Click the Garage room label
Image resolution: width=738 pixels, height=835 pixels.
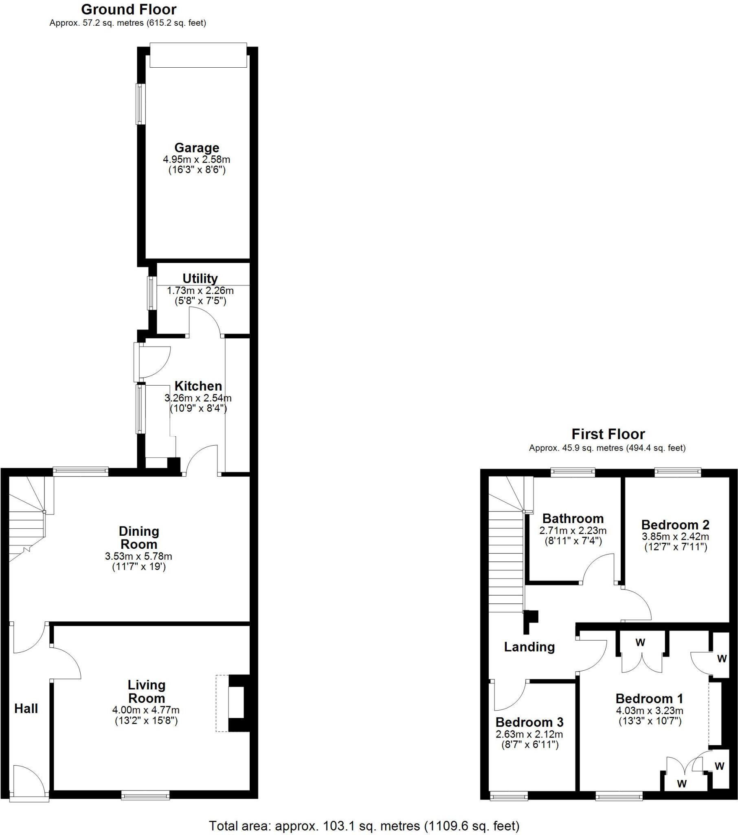tap(197, 148)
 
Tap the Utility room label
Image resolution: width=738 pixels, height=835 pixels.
tap(200, 278)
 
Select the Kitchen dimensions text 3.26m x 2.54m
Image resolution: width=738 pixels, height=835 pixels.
tap(198, 398)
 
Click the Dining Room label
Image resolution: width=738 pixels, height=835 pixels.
tap(139, 538)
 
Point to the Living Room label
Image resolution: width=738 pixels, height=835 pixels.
tap(146, 691)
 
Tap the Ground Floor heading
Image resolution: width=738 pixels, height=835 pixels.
tap(129, 9)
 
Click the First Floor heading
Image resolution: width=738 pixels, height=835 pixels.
tap(608, 434)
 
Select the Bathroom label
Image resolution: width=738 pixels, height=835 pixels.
tap(573, 518)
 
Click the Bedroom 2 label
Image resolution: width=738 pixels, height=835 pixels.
tap(675, 525)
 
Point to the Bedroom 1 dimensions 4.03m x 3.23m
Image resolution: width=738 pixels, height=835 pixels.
tap(650, 710)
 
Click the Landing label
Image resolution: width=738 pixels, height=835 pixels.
tap(529, 647)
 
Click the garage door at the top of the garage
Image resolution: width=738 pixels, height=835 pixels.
tap(198, 55)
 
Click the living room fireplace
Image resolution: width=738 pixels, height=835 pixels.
tap(236, 702)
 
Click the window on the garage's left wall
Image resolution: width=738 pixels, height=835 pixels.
tap(140, 104)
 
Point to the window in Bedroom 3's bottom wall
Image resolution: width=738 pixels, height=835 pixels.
tap(509, 796)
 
